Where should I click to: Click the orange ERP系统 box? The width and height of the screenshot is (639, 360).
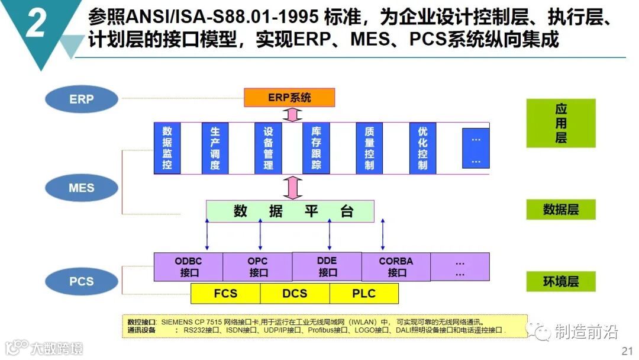click(289, 97)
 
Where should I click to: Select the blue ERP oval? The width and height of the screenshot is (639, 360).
click(81, 99)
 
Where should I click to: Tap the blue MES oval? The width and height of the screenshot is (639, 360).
click(81, 188)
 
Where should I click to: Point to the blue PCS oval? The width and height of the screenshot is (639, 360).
click(81, 281)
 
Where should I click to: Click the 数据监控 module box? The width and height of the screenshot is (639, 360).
click(167, 148)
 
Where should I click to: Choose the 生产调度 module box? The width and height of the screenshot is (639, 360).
click(215, 148)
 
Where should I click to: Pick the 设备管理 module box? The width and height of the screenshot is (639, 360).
click(268, 148)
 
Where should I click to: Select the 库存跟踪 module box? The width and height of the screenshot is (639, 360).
click(316, 148)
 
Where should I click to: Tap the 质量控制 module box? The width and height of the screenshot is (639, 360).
click(369, 148)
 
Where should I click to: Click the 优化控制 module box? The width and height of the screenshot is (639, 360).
click(422, 148)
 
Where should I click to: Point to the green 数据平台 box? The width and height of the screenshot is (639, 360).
click(290, 211)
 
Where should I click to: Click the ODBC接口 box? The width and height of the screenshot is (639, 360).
click(188, 267)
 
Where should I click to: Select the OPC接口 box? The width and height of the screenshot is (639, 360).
click(257, 267)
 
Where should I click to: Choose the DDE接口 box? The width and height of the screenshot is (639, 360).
click(327, 266)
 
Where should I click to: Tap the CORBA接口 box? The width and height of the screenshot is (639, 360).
click(396, 267)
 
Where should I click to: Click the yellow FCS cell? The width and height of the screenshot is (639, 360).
click(225, 293)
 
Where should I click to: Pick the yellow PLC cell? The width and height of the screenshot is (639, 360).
click(364, 293)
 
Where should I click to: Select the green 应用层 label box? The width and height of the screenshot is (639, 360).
click(560, 123)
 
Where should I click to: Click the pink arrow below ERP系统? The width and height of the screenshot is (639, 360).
click(289, 114)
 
